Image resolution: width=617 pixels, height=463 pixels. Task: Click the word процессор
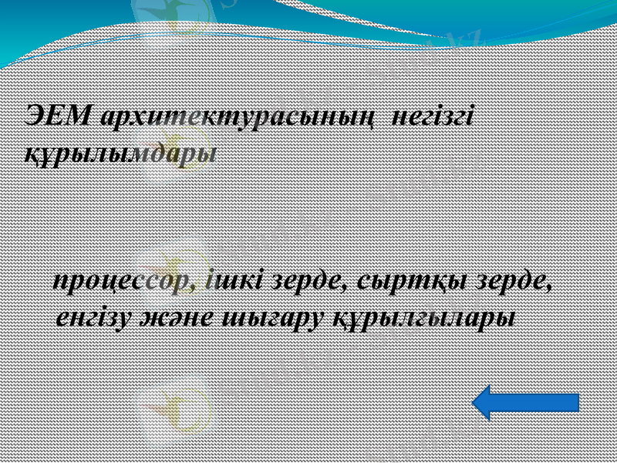128,282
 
